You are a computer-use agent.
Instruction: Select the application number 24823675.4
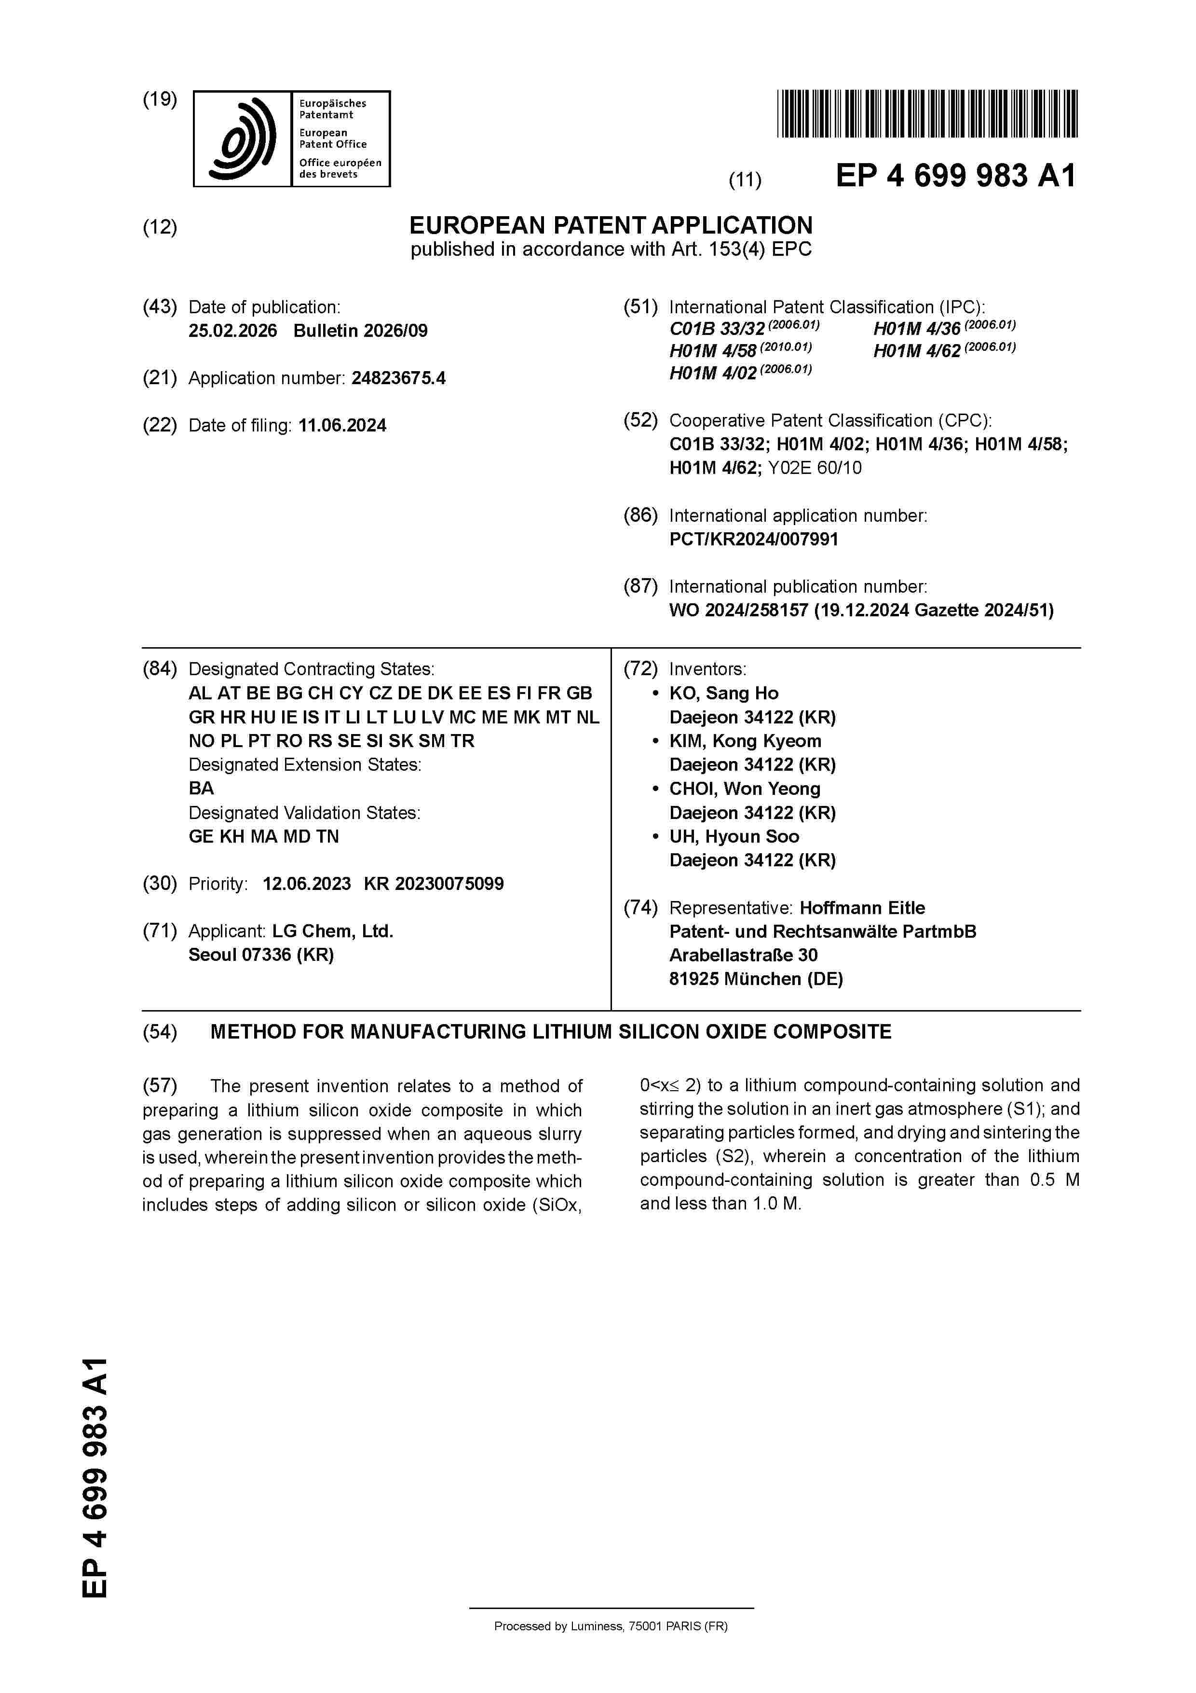pos(398,378)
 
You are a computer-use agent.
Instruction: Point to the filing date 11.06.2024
pos(342,426)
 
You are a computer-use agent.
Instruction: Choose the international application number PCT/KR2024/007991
pos(753,539)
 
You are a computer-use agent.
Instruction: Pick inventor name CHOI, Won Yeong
pos(744,789)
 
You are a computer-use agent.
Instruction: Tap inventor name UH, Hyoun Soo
pos(734,836)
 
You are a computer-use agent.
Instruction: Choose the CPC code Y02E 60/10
pos(814,468)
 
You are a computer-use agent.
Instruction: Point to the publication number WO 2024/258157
pos(738,611)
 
